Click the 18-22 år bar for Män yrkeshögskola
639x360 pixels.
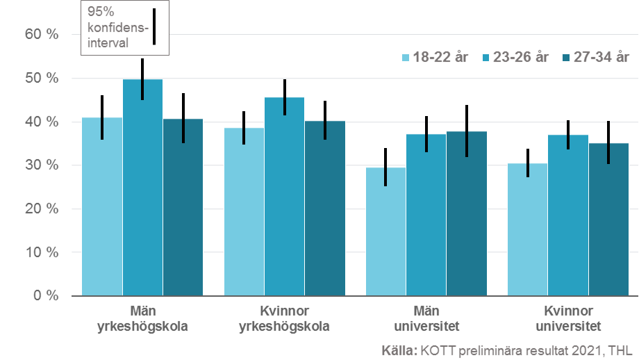pyautogui.click(x=102, y=208)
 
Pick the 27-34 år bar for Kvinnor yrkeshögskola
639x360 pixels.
pyautogui.click(x=324, y=208)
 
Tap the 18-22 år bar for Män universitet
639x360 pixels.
pyautogui.click(x=385, y=233)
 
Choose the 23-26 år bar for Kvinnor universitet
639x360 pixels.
pyautogui.click(x=567, y=215)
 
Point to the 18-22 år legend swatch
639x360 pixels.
pyautogui.click(x=406, y=58)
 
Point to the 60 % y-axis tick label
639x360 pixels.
pyautogui.click(x=42, y=35)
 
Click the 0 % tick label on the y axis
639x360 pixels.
pyautogui.click(x=47, y=296)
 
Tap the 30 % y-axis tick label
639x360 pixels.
pyautogui.click(x=42, y=165)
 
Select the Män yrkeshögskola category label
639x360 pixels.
pyautogui.click(x=142, y=318)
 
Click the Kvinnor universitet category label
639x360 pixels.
pyautogui.click(x=567, y=318)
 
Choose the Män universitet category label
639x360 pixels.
pyautogui.click(x=425, y=318)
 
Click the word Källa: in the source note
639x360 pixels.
pyautogui.click(x=399, y=350)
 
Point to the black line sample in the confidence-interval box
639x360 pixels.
pyautogui.click(x=154, y=27)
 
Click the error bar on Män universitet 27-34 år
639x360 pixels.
pyautogui.click(x=466, y=131)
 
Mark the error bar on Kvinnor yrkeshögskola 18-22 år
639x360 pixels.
pyautogui.click(x=244, y=127)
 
